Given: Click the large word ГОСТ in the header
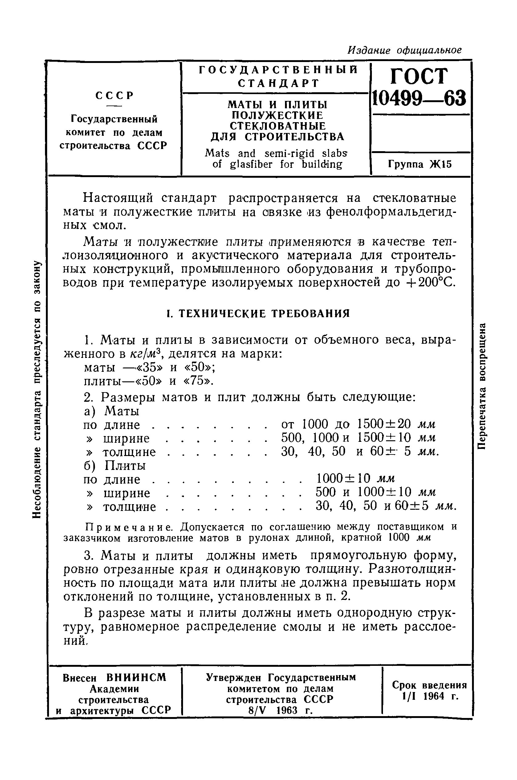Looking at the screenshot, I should click(x=419, y=76).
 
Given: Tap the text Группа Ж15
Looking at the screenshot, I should click(x=419, y=164).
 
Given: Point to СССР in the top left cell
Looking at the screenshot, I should click(x=114, y=95).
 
